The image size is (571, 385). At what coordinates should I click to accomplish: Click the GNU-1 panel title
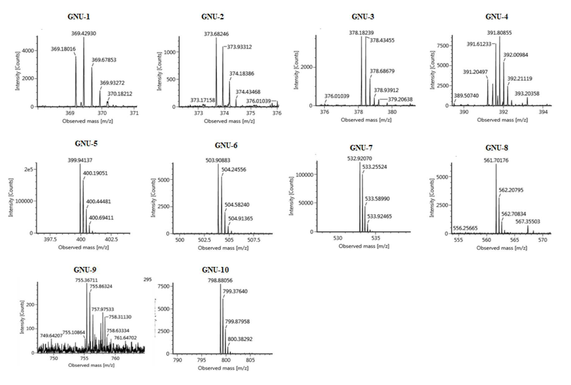[79, 17]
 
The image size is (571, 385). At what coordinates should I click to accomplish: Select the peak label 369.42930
[84, 33]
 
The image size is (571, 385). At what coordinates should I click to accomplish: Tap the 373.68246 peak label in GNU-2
[216, 34]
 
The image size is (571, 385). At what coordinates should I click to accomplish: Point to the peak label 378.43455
[382, 40]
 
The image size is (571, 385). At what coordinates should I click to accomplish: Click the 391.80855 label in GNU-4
[499, 33]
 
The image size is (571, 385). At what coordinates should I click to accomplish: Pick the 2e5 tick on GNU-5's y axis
[29, 169]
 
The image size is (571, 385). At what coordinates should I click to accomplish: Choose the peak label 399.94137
[80, 160]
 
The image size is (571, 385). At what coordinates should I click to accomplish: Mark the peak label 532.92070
[359, 159]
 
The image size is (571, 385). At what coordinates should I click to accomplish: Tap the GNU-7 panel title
[361, 148]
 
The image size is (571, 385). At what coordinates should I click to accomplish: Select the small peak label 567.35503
[528, 221]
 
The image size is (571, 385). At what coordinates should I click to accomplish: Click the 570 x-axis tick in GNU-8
[543, 240]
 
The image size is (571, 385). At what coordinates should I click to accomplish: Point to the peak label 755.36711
[86, 280]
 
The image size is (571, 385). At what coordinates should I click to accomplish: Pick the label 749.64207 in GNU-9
[51, 335]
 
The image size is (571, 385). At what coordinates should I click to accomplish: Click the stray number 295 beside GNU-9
[148, 279]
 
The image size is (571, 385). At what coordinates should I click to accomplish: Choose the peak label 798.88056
[220, 281]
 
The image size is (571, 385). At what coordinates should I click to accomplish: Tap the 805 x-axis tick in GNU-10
[250, 360]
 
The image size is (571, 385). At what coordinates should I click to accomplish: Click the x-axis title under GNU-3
[366, 120]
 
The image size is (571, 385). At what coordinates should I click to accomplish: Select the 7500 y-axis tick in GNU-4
[442, 46]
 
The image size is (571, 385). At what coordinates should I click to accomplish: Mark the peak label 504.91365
[240, 219]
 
